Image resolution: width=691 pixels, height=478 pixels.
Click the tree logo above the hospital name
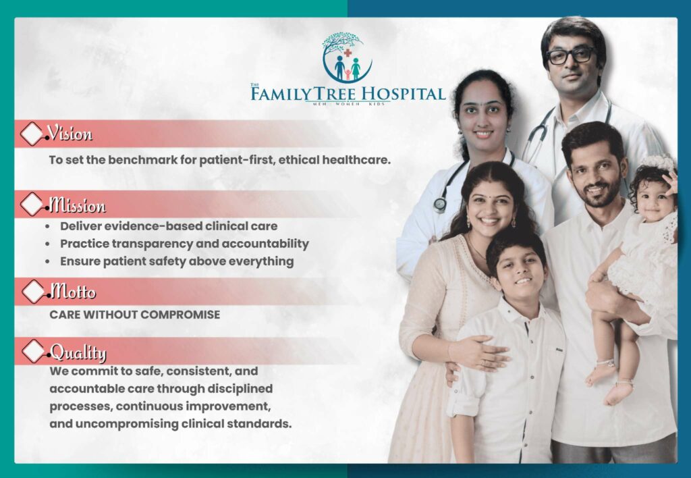pos(347,57)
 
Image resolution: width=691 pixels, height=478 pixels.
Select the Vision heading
pos(70,134)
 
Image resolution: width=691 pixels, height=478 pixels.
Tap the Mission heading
pos(77,205)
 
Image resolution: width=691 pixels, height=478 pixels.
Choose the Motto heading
pos(72,292)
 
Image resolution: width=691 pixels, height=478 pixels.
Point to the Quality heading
pos(78,352)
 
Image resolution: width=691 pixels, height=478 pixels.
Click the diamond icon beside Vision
pos(31,134)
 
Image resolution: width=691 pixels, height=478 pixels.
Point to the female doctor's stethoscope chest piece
pos(440,205)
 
